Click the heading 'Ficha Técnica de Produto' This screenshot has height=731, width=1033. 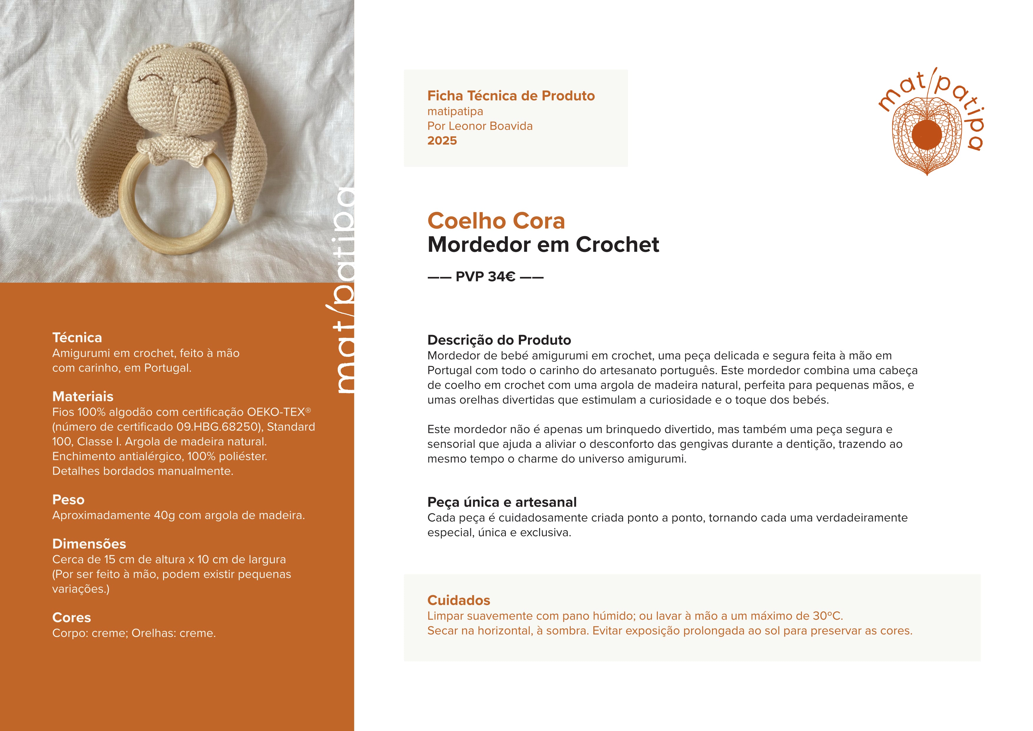point(511,96)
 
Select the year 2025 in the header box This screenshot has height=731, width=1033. point(442,141)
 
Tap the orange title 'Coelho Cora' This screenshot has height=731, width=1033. point(496,221)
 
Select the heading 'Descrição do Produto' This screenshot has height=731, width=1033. point(499,340)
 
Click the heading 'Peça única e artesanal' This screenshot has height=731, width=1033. point(502,502)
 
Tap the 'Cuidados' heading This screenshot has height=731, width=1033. point(458,600)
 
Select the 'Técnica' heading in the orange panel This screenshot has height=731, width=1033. point(77,338)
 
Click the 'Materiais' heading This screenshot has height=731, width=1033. point(83,397)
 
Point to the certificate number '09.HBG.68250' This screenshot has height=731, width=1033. point(216,427)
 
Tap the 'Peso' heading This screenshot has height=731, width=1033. point(68,500)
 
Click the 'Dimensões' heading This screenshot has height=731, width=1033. point(89,544)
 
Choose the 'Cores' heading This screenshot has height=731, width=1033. point(72,618)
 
